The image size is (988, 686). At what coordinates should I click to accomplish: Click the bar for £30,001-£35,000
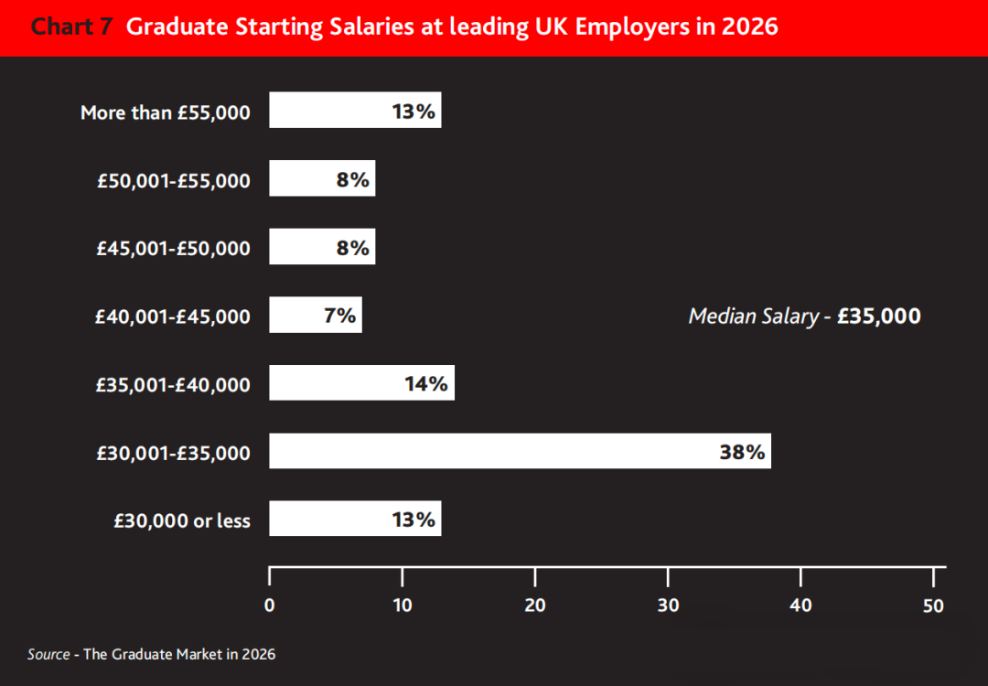click(520, 451)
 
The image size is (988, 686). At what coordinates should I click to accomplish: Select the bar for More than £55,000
click(355, 110)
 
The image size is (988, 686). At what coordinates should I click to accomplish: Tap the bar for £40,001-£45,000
click(316, 316)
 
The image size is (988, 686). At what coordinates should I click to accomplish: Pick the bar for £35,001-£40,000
click(361, 383)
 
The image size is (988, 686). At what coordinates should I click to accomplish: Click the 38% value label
click(742, 452)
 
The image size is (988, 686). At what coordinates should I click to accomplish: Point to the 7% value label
click(339, 316)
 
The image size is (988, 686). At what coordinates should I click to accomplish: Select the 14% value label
click(426, 384)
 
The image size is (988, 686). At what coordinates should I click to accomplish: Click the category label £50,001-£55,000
click(174, 180)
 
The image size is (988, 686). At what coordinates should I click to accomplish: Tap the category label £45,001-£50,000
click(174, 248)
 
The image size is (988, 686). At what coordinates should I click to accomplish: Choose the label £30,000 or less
click(182, 520)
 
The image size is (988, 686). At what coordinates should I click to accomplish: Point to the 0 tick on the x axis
click(269, 605)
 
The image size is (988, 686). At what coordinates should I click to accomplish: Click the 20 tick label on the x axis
click(535, 605)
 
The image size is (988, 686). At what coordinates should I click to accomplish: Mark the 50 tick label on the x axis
click(933, 605)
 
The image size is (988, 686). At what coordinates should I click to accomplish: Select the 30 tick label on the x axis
click(668, 605)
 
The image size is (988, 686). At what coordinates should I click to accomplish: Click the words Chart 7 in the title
click(72, 27)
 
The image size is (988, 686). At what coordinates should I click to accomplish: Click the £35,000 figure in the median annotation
click(879, 316)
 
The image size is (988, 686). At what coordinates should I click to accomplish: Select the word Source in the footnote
click(48, 654)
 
